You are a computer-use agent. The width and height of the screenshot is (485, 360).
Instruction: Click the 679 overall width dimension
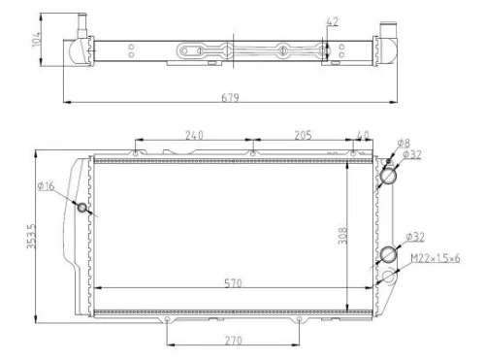pyautogui.click(x=230, y=97)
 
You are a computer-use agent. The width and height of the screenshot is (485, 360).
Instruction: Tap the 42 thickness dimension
pyautogui.click(x=334, y=21)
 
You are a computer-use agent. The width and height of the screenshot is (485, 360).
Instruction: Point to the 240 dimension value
pyautogui.click(x=194, y=135)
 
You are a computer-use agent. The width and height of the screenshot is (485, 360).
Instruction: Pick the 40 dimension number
pyautogui.click(x=364, y=135)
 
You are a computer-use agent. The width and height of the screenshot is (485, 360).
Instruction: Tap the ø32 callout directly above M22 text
pyautogui.click(x=414, y=236)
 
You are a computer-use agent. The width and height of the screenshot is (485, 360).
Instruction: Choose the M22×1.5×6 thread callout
pyautogui.click(x=435, y=257)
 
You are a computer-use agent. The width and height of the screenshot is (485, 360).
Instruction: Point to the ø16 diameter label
pyautogui.click(x=45, y=187)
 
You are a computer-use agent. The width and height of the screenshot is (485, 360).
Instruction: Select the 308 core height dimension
pyautogui.click(x=343, y=237)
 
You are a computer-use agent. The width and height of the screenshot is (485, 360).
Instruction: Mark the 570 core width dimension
pyautogui.click(x=230, y=282)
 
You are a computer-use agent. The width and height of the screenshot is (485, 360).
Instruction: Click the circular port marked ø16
pyautogui.click(x=82, y=209)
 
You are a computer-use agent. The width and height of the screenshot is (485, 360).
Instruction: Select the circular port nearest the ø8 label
pyautogui.click(x=391, y=176)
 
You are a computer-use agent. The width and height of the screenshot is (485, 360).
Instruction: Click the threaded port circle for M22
pyautogui.click(x=390, y=277)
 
